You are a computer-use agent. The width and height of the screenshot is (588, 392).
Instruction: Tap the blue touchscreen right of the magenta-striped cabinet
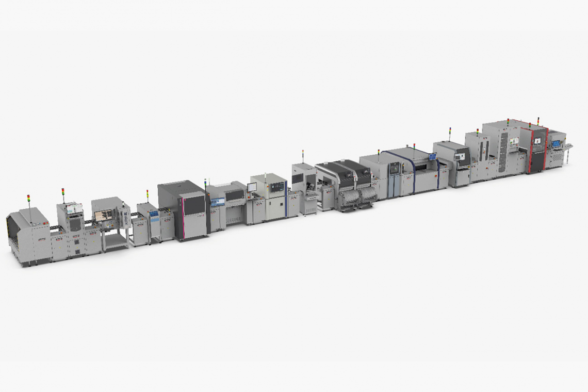218,202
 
